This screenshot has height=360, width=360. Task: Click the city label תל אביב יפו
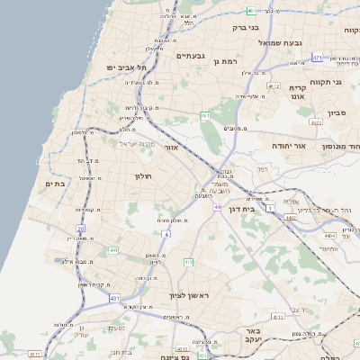(126, 67)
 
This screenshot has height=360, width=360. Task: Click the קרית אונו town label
(299, 94)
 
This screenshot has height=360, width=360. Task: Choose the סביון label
(337, 114)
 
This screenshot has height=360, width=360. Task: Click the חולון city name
(144, 176)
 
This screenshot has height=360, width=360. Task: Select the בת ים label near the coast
(55, 184)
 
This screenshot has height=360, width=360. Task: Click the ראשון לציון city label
(189, 295)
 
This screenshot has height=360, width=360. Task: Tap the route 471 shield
(317, 57)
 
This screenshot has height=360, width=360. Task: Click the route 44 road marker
(217, 207)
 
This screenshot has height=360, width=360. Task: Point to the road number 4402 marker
(290, 217)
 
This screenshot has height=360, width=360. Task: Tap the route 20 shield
(80, 229)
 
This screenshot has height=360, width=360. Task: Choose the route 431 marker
(114, 297)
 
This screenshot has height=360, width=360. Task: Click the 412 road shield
(188, 262)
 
